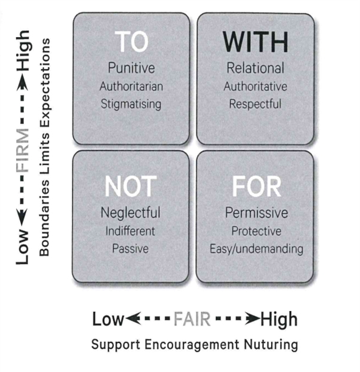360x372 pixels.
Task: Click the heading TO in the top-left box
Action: click(131, 42)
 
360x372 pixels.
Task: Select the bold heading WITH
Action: click(256, 42)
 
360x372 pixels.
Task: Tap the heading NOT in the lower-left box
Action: click(131, 187)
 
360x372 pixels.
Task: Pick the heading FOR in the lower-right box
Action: click(256, 187)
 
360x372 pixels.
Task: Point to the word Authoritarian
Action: click(131, 86)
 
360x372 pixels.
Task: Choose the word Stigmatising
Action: click(131, 104)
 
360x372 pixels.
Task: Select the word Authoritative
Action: click(256, 86)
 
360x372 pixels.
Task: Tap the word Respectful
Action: click(256, 104)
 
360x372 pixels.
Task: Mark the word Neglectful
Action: click(131, 213)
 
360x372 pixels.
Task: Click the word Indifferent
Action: click(131, 230)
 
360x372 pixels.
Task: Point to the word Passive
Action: click(131, 248)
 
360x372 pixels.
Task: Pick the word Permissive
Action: click(256, 213)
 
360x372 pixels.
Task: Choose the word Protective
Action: click(256, 230)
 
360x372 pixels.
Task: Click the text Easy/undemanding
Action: click(256, 248)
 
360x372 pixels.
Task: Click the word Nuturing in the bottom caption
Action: click(269, 345)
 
